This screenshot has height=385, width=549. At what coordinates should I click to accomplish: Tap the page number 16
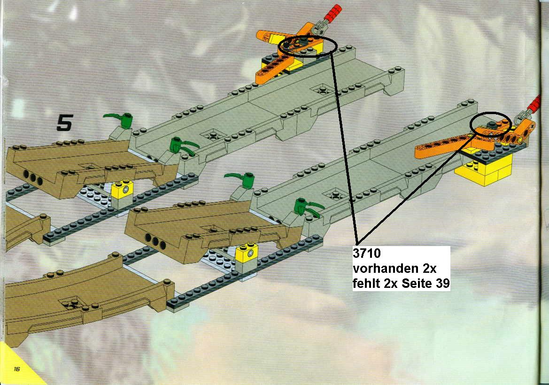pos(17,369)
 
